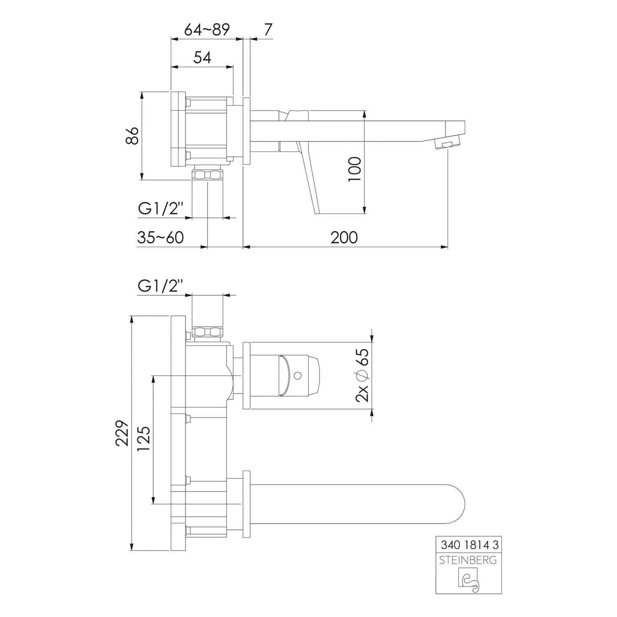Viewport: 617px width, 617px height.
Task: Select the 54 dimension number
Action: point(202,57)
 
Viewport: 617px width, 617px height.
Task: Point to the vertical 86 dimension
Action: point(132,135)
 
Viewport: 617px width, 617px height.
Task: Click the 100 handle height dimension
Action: point(355,169)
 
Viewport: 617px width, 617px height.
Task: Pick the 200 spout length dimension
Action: point(344,237)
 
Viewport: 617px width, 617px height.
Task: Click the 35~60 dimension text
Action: point(160,237)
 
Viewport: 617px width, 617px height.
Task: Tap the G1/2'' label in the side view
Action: point(160,209)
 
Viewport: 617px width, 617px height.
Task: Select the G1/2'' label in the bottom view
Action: point(160,285)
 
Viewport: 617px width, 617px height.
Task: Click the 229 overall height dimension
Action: point(122,433)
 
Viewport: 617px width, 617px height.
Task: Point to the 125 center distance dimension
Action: point(144,439)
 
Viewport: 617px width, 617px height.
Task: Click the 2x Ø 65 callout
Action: point(362,375)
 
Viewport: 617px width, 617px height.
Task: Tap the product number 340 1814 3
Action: point(469,545)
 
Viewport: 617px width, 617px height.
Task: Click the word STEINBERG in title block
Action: point(468,560)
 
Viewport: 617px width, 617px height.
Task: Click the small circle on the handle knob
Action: point(298,375)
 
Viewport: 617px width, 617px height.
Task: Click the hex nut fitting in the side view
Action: point(208,174)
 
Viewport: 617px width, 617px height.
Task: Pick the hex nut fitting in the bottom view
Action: point(208,332)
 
